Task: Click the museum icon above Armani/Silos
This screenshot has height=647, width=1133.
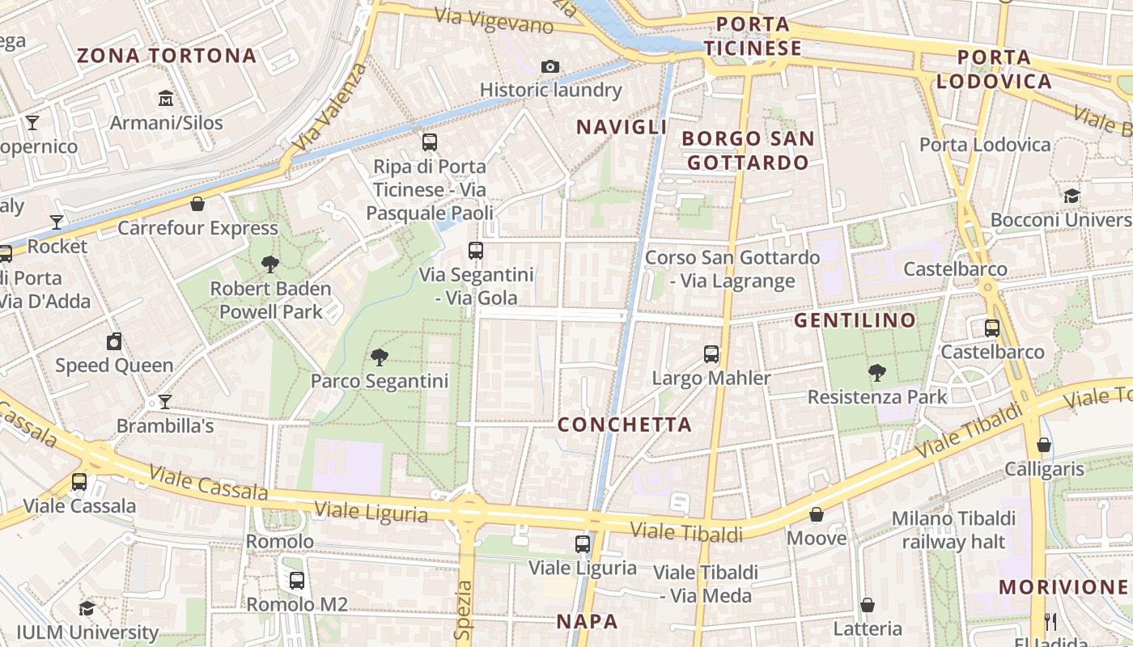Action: coord(166,98)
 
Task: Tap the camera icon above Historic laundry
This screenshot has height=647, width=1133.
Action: coord(550,66)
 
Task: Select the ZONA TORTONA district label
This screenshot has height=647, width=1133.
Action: coord(166,56)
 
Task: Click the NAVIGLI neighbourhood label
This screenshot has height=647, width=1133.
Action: coord(622,127)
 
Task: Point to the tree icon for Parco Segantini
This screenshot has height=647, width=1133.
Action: coord(379,357)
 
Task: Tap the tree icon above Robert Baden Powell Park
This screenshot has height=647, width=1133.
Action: coord(270,264)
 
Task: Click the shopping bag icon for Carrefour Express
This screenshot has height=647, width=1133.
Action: coord(197,204)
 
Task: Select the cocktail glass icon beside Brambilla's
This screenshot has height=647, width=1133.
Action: coord(165,402)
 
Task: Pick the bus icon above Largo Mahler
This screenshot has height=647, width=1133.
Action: coord(711,353)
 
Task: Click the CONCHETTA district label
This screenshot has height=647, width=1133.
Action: coord(625,425)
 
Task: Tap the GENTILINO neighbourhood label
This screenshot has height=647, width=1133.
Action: coord(855,320)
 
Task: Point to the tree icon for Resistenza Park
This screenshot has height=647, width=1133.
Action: coord(876,373)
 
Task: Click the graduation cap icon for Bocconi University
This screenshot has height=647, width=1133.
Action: coord(1072,196)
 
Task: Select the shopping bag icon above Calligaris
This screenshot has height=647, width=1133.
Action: coord(1044,445)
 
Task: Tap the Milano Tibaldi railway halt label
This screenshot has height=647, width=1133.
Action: coord(953,530)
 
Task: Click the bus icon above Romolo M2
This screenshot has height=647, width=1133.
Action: coord(297,580)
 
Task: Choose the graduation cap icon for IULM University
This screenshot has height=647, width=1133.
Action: coord(87,608)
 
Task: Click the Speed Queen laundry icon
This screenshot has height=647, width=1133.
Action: coord(114,341)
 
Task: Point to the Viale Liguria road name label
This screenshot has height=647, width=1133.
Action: coord(371,511)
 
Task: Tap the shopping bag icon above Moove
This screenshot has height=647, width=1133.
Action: coord(817,514)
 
